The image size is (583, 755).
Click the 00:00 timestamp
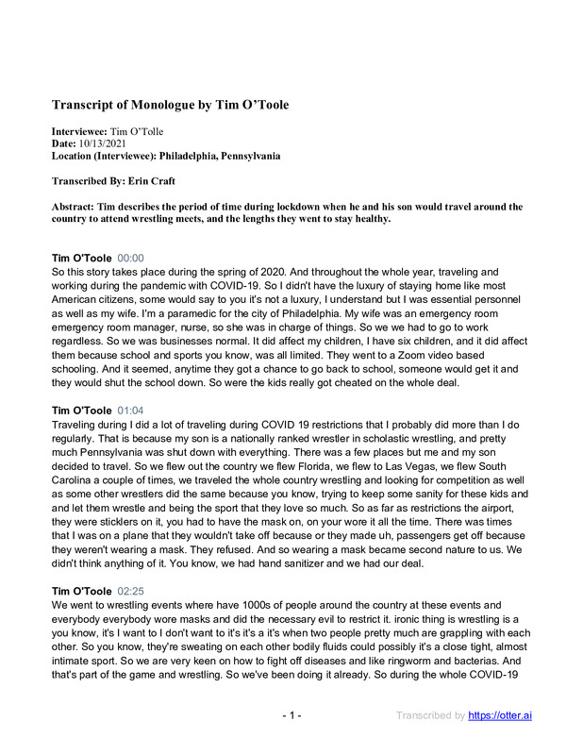[131, 257]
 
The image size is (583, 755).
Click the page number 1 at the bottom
[291, 715]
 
